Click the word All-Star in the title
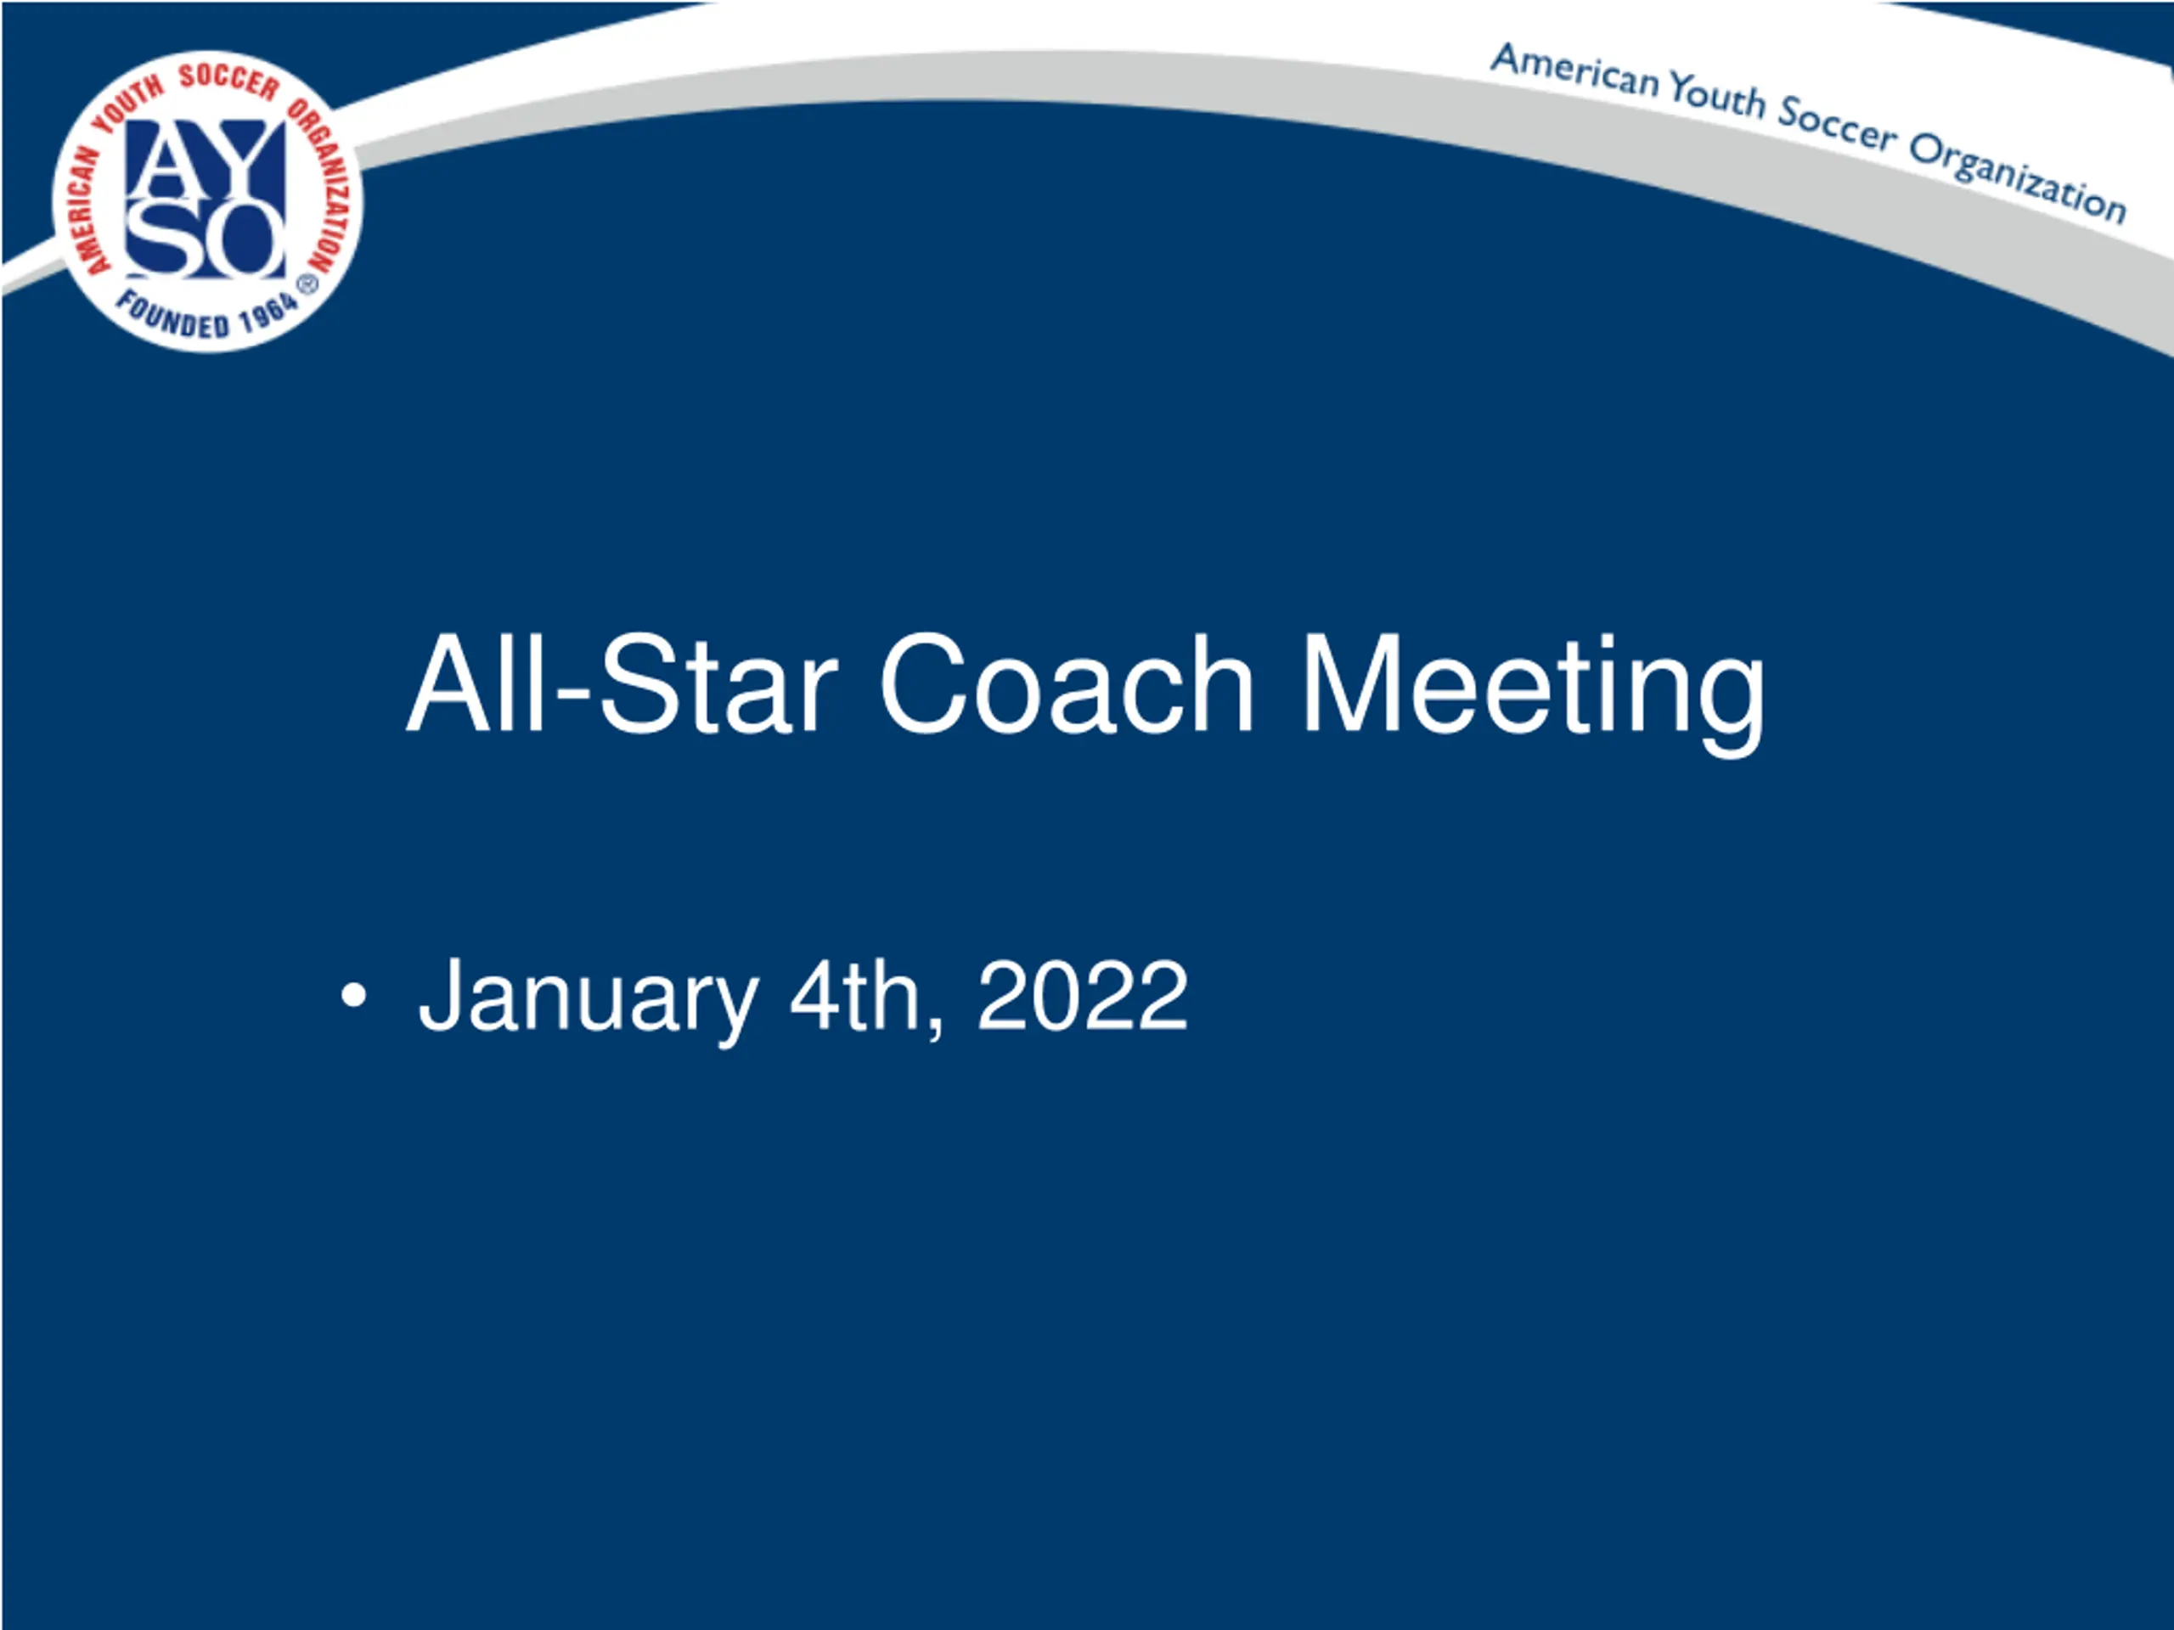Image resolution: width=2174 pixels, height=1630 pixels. pos(622,683)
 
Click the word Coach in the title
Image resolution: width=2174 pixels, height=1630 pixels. pos(1067,683)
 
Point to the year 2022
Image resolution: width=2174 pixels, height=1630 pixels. pos(1082,995)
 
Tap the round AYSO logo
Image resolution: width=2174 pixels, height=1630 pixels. pos(207,200)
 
